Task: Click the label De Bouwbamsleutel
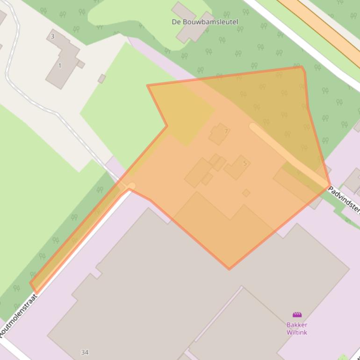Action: (205, 22)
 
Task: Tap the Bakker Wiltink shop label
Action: (297, 328)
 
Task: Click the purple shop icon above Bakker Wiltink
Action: (297, 315)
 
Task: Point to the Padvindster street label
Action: (344, 198)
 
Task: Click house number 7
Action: (226, 131)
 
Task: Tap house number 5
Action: (245, 163)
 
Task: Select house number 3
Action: (52, 36)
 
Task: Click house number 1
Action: (60, 65)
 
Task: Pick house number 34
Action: (85, 352)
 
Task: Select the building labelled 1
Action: (63, 63)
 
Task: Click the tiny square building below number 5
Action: (246, 193)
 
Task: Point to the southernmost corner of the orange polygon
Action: (229, 269)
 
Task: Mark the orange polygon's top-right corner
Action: (302, 67)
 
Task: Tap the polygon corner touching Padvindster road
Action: (330, 186)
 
